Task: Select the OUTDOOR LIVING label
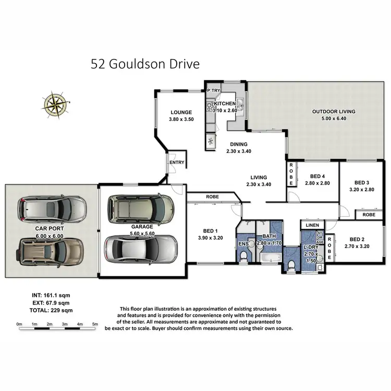pos(333,112)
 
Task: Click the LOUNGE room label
pos(180,112)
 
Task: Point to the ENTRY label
pos(177,163)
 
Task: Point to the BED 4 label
pos(317,176)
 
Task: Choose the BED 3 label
pos(361,182)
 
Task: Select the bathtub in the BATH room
pos(269,258)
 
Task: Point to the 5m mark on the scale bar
pos(95,324)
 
